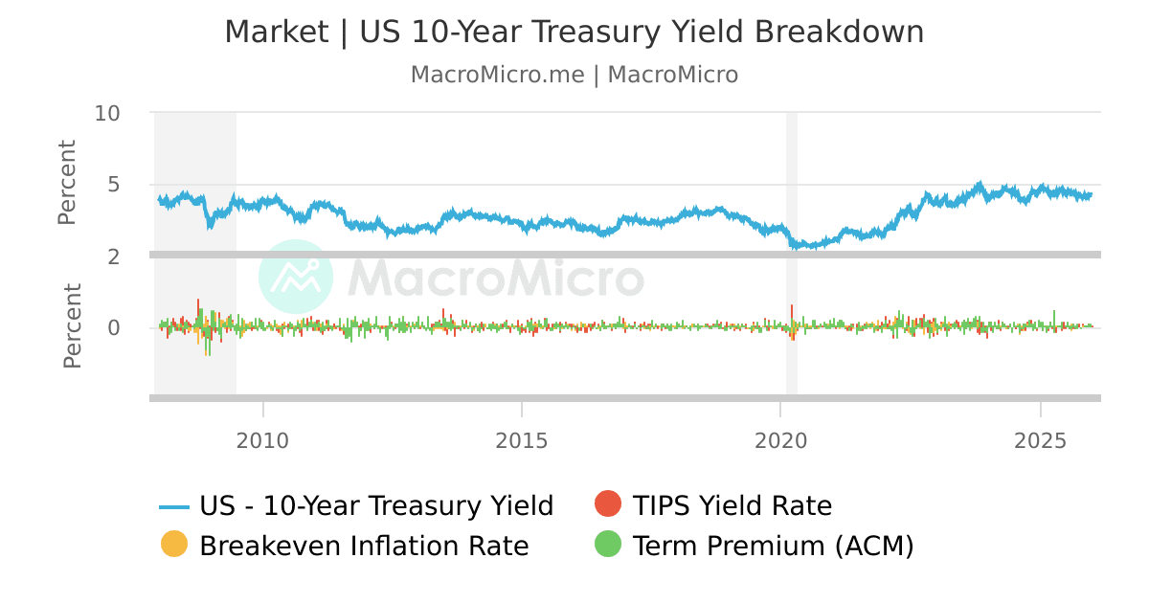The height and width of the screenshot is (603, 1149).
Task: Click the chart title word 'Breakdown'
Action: [839, 33]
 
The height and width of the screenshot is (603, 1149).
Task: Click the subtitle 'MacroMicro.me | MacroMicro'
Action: [574, 75]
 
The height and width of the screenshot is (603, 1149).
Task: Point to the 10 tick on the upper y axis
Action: [107, 113]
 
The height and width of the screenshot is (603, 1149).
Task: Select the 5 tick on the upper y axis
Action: [113, 185]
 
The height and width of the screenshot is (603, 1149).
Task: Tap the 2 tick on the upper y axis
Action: [113, 256]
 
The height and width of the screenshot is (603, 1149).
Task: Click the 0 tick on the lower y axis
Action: [113, 328]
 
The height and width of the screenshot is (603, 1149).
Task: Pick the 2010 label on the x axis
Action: [262, 441]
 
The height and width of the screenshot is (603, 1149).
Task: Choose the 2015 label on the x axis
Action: [522, 441]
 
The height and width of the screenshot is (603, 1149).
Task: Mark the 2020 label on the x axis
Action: [781, 441]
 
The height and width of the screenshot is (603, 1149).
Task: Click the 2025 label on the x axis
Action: [1041, 441]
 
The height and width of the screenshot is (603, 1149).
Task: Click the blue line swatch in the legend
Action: [174, 506]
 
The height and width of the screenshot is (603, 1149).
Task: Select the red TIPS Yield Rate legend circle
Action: [608, 503]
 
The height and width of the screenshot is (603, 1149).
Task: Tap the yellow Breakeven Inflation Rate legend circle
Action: [174, 544]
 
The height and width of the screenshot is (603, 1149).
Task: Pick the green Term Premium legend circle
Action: [608, 544]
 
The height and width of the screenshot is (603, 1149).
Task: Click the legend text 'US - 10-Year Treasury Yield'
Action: [376, 505]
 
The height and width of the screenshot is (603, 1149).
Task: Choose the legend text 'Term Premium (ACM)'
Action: [774, 546]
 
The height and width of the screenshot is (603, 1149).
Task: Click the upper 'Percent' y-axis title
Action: [66, 183]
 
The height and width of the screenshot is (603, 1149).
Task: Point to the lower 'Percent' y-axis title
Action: [72, 325]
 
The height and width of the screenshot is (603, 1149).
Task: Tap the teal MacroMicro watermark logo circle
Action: [296, 277]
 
